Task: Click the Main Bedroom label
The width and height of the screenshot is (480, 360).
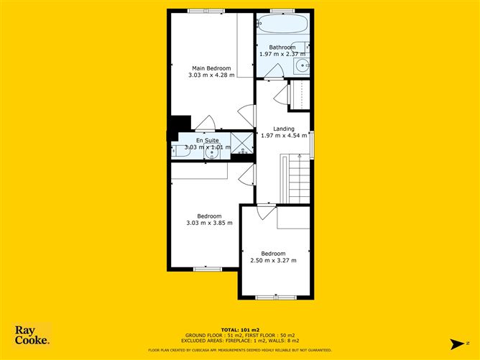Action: coord(211,68)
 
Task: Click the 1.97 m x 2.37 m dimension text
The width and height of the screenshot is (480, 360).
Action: coord(282,54)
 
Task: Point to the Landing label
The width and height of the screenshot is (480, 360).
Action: coord(282,128)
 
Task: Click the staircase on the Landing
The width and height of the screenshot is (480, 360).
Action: coord(297,180)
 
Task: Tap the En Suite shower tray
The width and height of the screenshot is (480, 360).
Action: coord(242,143)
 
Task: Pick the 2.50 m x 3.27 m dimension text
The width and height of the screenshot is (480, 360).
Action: coord(273,260)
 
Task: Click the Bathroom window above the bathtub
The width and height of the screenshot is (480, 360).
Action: coord(282,10)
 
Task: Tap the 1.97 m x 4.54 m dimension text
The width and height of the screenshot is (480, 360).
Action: coord(282,135)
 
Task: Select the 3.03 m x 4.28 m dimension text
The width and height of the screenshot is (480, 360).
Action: coord(211,75)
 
